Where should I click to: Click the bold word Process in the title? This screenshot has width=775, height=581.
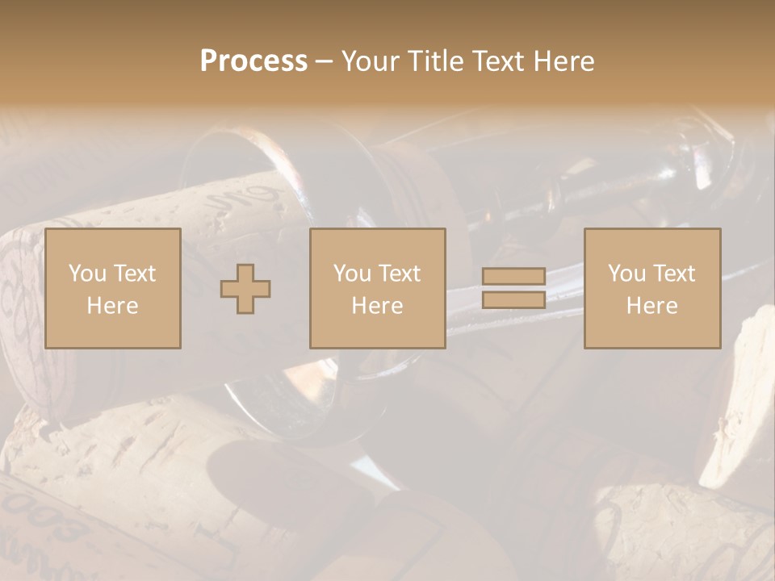pos(253,61)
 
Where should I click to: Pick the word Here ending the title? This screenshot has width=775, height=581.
pos(563,61)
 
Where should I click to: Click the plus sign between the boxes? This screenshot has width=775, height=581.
pos(245,288)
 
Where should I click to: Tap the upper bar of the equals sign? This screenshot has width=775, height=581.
pos(513,277)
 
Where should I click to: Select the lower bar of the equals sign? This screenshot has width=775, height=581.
pos(513,299)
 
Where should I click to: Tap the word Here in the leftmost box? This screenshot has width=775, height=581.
pos(112,306)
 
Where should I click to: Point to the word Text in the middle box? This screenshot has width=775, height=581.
pos(400,274)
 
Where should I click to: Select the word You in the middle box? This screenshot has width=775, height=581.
pos(351,274)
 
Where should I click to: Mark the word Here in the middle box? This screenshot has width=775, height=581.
pos(377,306)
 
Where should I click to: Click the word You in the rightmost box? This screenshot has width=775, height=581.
pos(626,274)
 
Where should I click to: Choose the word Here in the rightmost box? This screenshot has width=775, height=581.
pos(651,306)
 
